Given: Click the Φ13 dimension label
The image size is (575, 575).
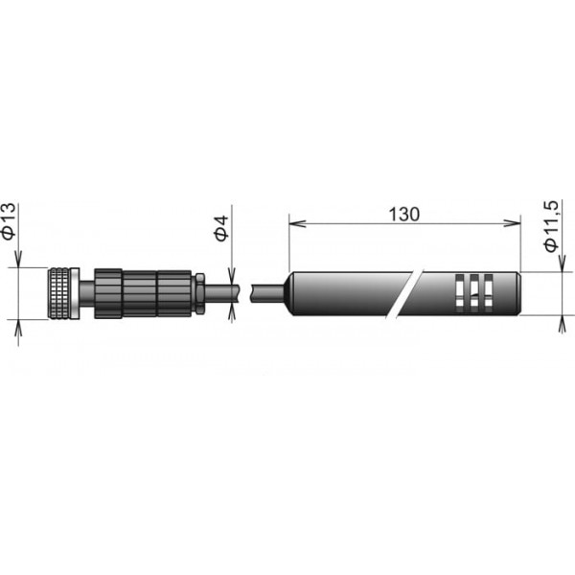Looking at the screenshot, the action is (x=9, y=221).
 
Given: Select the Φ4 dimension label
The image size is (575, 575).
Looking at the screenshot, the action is (x=221, y=229).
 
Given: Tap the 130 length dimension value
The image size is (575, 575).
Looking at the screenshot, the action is (x=403, y=215).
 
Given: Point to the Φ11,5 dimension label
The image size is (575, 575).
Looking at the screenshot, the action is (x=551, y=226).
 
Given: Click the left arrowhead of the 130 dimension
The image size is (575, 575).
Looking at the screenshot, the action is (x=297, y=223).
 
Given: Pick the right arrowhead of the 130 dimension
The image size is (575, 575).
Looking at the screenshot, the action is (x=513, y=223).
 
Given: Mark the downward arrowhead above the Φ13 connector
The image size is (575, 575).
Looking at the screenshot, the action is (x=18, y=259).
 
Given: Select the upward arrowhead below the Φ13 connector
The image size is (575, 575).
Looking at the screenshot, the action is (x=18, y=328).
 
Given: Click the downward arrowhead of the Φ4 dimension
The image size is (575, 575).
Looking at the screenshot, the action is (x=231, y=276).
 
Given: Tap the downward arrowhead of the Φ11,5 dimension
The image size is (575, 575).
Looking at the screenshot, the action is (x=562, y=264).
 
